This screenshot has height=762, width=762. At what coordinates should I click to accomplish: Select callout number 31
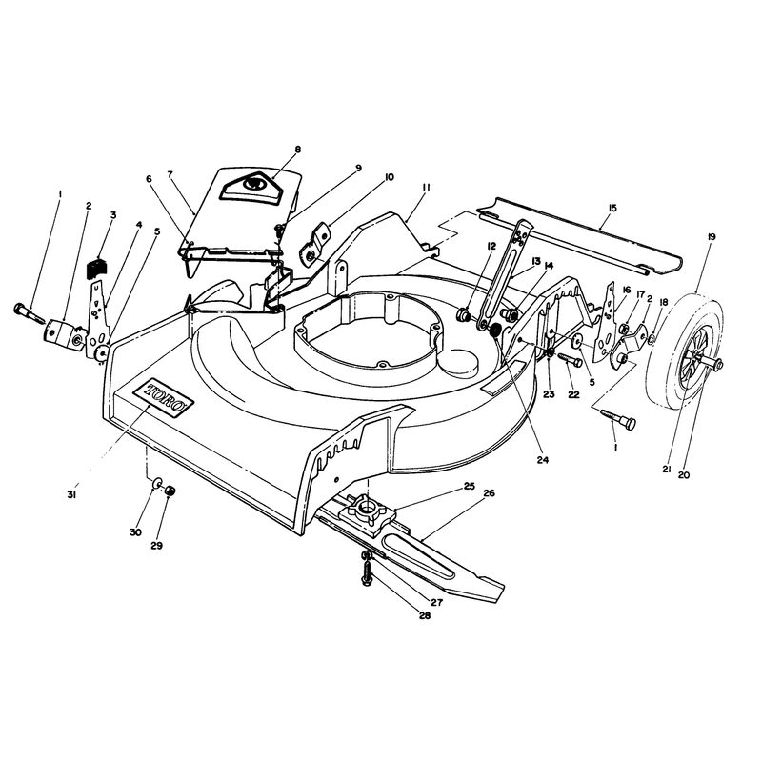pos(72,494)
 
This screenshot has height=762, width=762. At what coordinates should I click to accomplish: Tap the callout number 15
pos(612,208)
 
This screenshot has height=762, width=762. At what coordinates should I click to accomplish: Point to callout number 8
pos(297,150)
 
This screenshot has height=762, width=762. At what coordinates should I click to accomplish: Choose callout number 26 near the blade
pos(489,492)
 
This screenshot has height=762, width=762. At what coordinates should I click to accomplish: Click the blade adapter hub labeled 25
pos(367,513)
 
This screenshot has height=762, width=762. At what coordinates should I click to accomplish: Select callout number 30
pos(135,532)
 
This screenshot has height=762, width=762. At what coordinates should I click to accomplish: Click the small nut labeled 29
pos(170,491)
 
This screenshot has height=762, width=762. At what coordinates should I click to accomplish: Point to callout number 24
pos(542,459)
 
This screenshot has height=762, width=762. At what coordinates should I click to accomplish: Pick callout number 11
pos(426,187)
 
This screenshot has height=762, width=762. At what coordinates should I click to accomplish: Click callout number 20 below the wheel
pos(683,474)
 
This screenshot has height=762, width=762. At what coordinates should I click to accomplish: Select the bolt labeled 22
pos(571,359)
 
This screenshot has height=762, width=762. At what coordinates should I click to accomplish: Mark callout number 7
pos(170,175)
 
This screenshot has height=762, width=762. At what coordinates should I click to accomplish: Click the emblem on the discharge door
pos(253,185)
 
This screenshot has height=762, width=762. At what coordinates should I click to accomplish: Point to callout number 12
pos(491,246)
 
